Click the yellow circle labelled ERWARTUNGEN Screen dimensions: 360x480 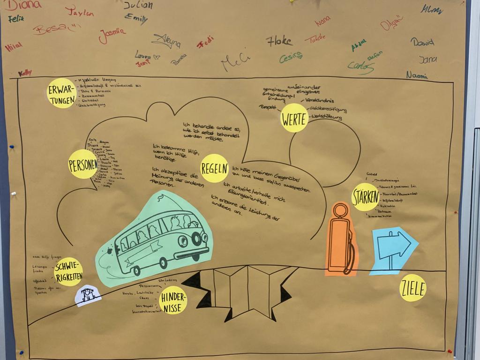[x=62, y=93]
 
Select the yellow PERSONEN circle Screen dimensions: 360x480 [x=83, y=164]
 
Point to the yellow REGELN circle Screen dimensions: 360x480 [x=215, y=168]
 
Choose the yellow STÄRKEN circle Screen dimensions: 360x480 [x=365, y=197]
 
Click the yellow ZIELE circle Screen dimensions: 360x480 [x=413, y=288]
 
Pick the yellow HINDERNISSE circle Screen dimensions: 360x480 [x=173, y=300]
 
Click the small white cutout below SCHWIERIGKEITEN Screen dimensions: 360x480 [x=88, y=295]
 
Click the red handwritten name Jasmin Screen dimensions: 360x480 [x=112, y=35]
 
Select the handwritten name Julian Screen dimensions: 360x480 [x=138, y=6]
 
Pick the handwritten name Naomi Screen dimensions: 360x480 [x=417, y=75]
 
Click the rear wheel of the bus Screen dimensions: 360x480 [x=136, y=270]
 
